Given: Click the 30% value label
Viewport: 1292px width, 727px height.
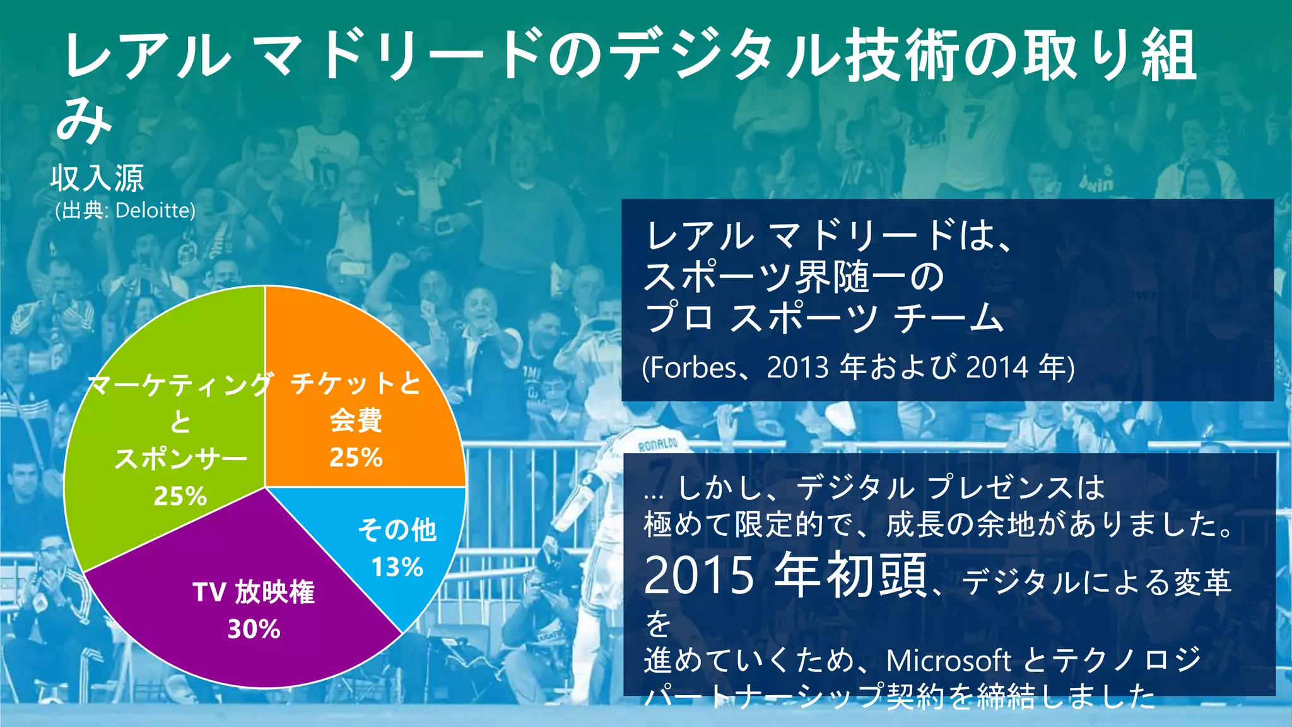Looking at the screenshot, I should pyautogui.click(x=254, y=629).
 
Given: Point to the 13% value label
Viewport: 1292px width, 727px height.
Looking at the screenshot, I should pyautogui.click(x=397, y=567).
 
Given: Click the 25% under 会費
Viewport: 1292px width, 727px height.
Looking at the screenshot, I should pyautogui.click(x=356, y=458).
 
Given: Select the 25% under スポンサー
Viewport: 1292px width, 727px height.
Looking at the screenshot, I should pyautogui.click(x=180, y=497).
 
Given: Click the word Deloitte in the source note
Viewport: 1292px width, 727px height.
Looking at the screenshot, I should pyautogui.click(x=155, y=210).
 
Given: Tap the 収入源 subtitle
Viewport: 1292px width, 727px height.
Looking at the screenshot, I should pyautogui.click(x=98, y=177).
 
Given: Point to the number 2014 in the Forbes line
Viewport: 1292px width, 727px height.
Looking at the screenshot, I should pyautogui.click(x=997, y=367).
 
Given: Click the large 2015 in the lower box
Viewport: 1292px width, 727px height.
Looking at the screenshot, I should pyautogui.click(x=698, y=576).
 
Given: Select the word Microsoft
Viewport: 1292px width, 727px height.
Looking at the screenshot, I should pyautogui.click(x=948, y=661).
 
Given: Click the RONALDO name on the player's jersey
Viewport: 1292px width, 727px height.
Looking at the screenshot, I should pyautogui.click(x=657, y=445).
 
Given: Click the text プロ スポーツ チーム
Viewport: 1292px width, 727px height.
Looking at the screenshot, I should pyautogui.click(x=823, y=317).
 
